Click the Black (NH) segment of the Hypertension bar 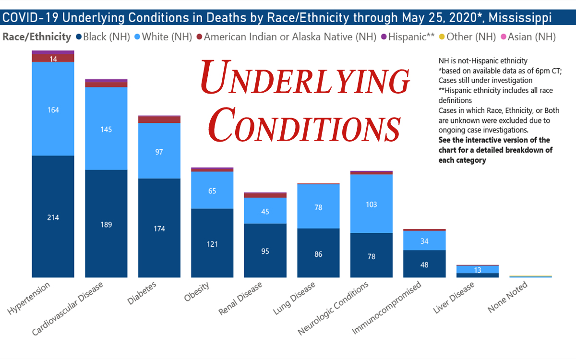point(53,217)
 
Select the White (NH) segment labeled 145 point(106,129)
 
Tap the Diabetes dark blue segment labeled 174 point(159,228)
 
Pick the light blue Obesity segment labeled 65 point(212,191)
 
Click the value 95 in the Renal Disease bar point(265,251)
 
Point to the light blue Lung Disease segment point(318,207)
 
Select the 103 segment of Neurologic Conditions point(371,204)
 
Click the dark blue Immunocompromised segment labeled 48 point(424,264)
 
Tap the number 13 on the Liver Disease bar point(477,270)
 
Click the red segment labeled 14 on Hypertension point(53,58)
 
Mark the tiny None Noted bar point(530,276)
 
